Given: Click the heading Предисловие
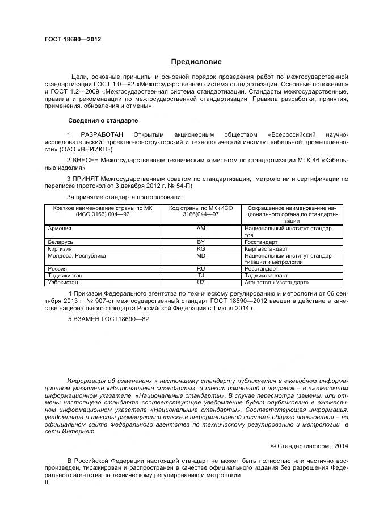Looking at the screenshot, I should [196, 62].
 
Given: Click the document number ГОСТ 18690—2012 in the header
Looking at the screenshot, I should [73, 40].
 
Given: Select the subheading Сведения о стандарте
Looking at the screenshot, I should [103, 120].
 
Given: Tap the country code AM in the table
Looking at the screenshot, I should [200, 229].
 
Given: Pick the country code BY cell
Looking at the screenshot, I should [200, 242].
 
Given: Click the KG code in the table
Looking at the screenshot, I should [200, 248].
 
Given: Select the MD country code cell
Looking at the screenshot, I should [200, 255].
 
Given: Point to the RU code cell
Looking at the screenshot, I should [200, 269].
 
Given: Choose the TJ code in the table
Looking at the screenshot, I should [200, 276].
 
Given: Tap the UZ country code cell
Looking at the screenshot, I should [200, 282].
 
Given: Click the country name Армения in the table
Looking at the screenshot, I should [60, 229].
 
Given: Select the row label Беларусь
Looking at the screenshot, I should [61, 242].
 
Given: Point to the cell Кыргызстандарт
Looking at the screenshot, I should [266, 248].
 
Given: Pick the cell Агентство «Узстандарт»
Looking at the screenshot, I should [276, 282].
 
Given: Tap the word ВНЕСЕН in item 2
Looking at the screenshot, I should [89, 161].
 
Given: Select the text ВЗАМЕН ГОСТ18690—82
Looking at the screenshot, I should [111, 319].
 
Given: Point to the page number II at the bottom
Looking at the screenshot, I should [47, 482].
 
